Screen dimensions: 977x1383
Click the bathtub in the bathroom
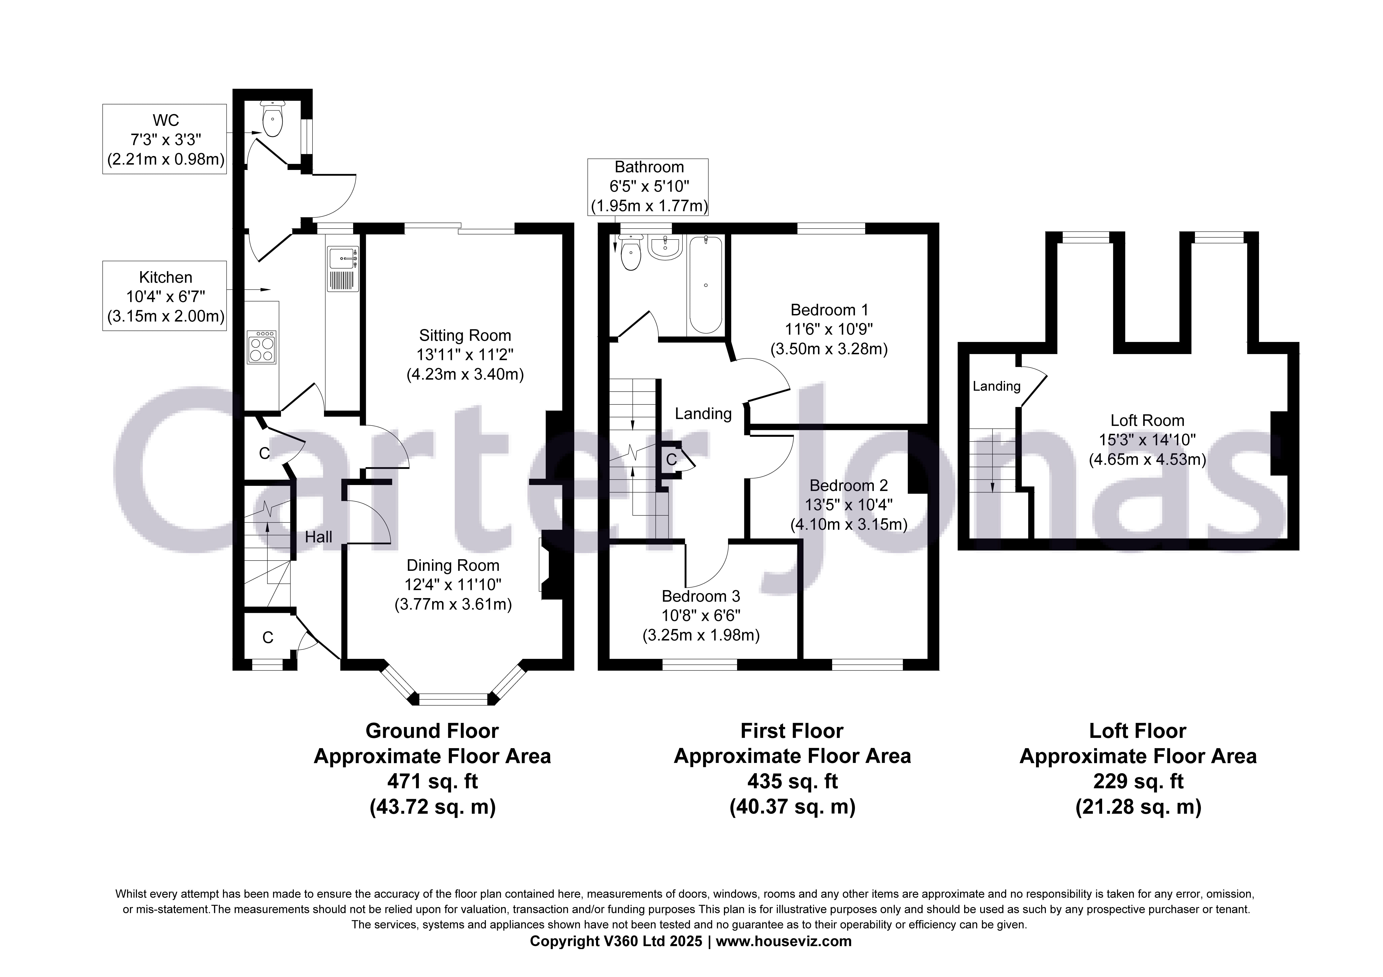(x=705, y=285)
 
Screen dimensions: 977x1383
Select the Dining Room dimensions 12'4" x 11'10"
(x=453, y=584)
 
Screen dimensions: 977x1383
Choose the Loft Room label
(x=1147, y=420)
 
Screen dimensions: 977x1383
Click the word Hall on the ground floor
(x=318, y=537)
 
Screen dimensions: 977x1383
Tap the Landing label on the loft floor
(x=996, y=386)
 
